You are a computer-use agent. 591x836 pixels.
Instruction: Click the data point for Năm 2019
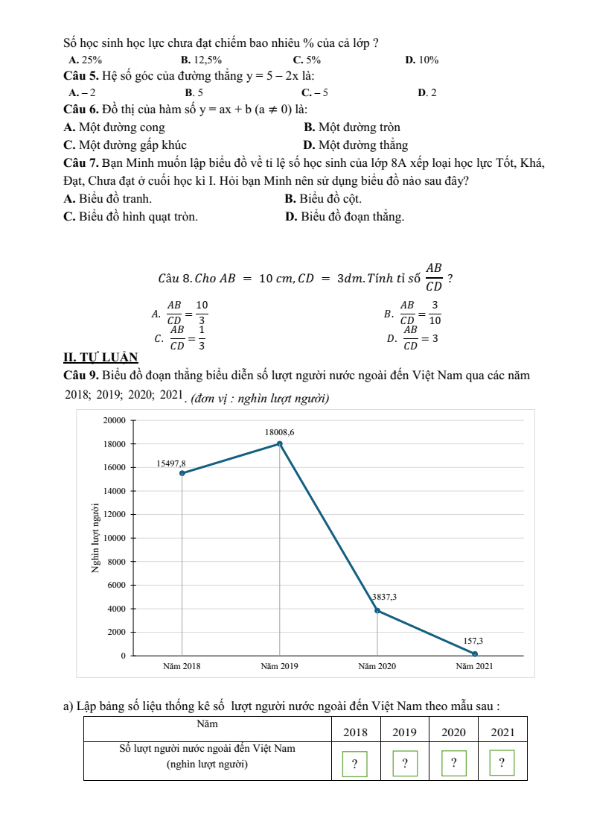point(280,443)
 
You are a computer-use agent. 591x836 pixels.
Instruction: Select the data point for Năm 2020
point(377,610)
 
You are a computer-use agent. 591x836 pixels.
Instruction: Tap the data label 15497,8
point(171,463)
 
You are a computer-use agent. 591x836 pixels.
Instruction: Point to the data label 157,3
point(473,641)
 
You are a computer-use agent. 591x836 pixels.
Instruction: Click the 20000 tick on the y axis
point(114,420)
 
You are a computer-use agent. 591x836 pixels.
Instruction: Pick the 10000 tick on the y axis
point(114,538)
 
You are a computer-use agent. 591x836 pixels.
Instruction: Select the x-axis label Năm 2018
point(182,666)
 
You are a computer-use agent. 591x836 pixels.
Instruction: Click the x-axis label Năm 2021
point(474,666)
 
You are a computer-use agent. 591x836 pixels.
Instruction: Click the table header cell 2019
point(404,732)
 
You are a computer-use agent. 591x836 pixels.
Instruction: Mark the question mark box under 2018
point(354,764)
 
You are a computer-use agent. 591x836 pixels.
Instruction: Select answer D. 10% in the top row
point(421,60)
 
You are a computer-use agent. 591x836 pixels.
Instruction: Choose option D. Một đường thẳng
point(356,145)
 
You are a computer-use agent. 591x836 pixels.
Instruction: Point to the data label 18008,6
point(280,432)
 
